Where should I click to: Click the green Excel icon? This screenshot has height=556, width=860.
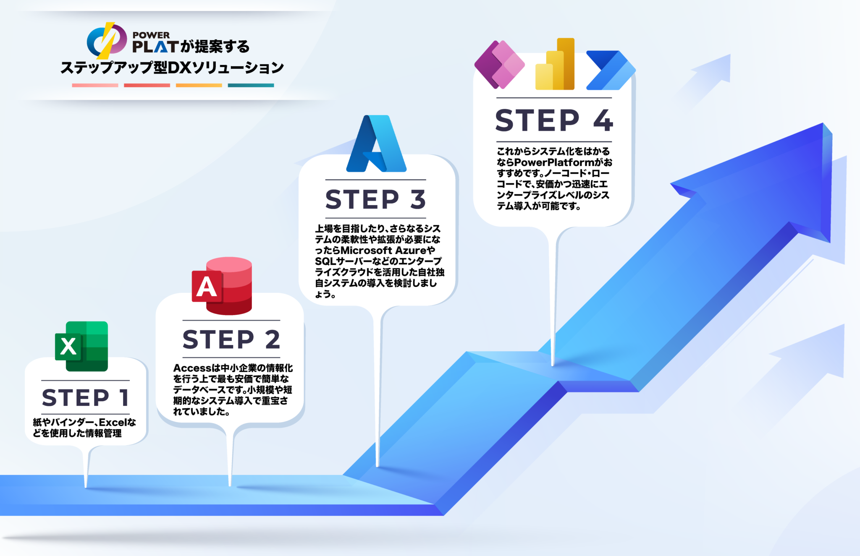(81, 346)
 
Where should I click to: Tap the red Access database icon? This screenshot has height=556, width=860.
(222, 286)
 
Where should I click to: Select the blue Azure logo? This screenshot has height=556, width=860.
(376, 144)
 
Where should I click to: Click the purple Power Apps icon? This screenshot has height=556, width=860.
(499, 65)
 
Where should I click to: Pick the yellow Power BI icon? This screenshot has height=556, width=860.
(555, 64)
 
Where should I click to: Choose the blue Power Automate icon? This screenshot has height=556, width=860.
(611, 70)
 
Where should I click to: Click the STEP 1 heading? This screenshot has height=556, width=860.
(85, 397)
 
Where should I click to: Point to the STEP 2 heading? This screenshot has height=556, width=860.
(231, 339)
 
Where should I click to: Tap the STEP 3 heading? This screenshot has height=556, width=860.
(376, 199)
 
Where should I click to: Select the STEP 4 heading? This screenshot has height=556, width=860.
(554, 120)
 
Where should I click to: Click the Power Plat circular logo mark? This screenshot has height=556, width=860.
(107, 41)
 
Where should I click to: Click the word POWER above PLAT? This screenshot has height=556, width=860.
(151, 35)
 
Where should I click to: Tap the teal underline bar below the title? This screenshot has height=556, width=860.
(251, 85)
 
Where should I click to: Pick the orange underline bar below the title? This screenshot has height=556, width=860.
(199, 85)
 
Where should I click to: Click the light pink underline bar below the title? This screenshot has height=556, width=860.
(95, 85)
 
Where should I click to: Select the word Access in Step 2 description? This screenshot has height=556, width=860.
(192, 368)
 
